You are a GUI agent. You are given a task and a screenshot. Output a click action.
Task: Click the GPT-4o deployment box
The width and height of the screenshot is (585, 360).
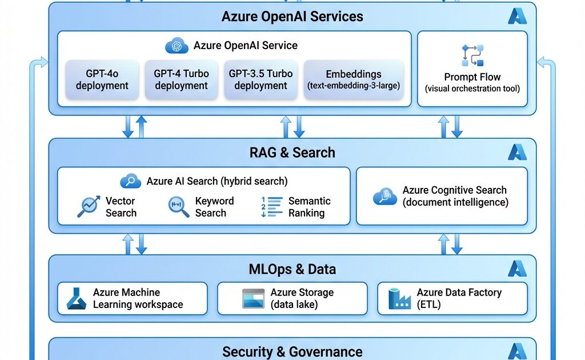[x=102, y=79]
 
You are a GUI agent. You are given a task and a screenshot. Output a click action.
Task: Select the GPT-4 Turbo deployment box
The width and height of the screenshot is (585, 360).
[x=181, y=79]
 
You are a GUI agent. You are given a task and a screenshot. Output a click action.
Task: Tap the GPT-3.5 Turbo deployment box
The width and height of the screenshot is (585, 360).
[x=261, y=79]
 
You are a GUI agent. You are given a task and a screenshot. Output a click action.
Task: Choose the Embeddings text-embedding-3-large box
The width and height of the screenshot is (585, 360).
[x=354, y=79]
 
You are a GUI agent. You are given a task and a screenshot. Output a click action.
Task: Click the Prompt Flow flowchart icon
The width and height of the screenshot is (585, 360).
[x=472, y=55]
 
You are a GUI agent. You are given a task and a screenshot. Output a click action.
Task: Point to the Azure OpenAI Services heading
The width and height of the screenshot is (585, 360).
[x=292, y=16]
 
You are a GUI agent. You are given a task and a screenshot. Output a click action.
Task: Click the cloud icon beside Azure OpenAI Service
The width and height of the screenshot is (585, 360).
[x=177, y=46]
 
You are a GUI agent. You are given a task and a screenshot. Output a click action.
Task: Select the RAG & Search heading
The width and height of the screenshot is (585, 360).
[x=292, y=153]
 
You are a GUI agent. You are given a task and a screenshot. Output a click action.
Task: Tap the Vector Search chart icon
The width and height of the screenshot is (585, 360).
[x=89, y=207]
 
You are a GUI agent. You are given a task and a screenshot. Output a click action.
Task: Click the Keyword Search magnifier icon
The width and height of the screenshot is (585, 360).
[x=179, y=207]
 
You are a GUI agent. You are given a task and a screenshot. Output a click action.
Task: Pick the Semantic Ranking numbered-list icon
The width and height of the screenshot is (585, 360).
[x=272, y=207]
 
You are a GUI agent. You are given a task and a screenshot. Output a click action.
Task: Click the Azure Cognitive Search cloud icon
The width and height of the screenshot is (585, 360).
[x=385, y=197]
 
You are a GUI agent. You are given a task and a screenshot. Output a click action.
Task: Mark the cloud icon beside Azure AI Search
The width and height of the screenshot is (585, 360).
[x=131, y=181]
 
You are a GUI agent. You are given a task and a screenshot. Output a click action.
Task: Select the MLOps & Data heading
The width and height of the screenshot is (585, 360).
[x=292, y=269]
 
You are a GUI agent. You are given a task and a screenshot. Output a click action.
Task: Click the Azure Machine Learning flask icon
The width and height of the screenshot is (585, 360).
[x=77, y=298]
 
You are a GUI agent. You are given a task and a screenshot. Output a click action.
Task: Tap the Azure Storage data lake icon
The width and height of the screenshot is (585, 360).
[x=253, y=298]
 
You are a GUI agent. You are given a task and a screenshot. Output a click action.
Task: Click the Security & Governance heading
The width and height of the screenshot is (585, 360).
[x=292, y=351]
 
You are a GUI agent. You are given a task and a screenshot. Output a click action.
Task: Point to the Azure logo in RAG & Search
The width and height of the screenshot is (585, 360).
[x=517, y=152]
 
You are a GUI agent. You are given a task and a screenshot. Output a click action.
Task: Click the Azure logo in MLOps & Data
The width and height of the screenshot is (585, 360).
[x=517, y=269]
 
